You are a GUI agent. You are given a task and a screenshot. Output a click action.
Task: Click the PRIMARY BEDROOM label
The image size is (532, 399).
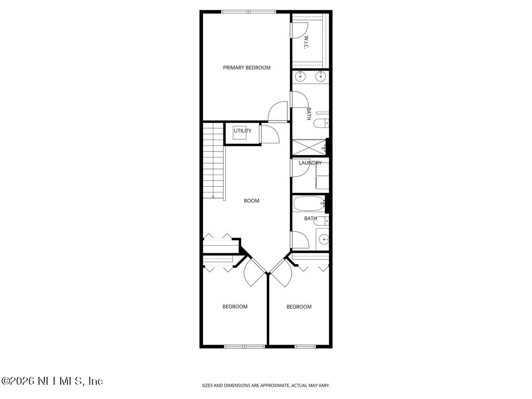(x=246, y=68)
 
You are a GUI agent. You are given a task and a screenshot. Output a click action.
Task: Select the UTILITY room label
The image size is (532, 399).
(x=243, y=131)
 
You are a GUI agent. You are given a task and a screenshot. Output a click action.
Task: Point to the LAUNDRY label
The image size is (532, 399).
(x=310, y=163)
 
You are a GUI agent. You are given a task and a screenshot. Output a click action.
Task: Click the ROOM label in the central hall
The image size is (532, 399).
(x=251, y=201)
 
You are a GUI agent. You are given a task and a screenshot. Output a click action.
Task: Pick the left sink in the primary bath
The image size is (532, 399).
(x=301, y=77)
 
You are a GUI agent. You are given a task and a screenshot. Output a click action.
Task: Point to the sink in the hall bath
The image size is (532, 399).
(x=324, y=240)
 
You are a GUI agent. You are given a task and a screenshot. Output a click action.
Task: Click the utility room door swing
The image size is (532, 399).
(x=269, y=134)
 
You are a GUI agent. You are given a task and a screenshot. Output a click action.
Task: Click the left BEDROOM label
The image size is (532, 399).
(x=235, y=307)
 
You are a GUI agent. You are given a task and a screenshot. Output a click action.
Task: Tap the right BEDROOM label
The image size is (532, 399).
(x=299, y=307)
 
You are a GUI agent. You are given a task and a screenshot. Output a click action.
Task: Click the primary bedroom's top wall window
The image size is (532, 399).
(x=249, y=12)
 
